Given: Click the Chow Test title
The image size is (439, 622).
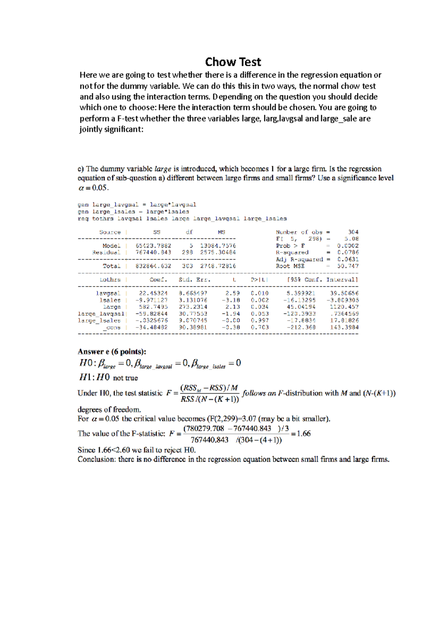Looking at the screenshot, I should (233, 62).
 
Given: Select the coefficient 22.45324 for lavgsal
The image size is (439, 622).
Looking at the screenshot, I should (153, 293).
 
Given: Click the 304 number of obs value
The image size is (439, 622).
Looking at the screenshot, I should (353, 232).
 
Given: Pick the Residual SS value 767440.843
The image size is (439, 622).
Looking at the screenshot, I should (153, 252).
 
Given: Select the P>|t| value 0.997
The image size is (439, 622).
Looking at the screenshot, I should (260, 320).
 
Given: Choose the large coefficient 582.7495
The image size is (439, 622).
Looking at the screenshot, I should (153, 307).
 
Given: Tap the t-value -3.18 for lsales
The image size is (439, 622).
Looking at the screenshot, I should (231, 300).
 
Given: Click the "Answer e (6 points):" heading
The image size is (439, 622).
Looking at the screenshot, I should (112, 352).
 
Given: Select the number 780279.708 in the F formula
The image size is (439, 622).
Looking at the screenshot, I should (204, 429).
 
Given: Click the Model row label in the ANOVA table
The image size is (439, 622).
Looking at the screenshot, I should (111, 246).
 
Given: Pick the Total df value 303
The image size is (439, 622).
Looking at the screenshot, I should (187, 266).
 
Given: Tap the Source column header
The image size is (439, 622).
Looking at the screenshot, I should (110, 232).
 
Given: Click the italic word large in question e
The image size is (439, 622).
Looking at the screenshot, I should (163, 169).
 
